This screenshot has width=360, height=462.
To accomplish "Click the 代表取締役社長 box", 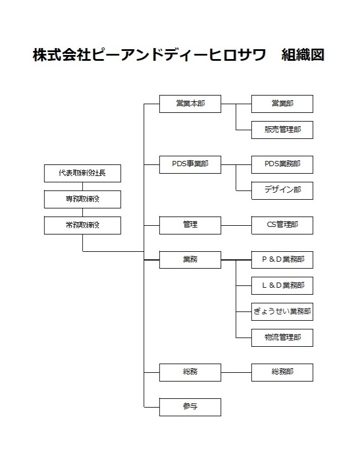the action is click(83, 173).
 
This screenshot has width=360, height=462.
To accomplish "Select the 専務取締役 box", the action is click(83, 199).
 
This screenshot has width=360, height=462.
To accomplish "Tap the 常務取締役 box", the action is click(83, 225).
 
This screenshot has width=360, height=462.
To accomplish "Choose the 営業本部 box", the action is click(190, 104).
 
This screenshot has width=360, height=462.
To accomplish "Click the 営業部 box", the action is click(282, 104).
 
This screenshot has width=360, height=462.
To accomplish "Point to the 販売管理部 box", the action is click(282, 130).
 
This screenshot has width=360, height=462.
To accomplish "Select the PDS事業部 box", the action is click(190, 164).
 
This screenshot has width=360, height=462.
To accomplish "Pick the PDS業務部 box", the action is click(282, 164).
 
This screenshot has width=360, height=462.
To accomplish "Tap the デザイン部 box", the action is click(282, 190).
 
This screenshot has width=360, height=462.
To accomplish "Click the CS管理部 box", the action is click(282, 225).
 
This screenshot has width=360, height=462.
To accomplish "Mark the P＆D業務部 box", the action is click(282, 260).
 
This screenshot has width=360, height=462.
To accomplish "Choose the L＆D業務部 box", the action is click(282, 286).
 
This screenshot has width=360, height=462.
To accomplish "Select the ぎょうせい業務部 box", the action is click(282, 311).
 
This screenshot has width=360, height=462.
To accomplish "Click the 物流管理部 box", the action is click(282, 338).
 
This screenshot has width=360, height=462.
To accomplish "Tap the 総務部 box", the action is click(282, 372).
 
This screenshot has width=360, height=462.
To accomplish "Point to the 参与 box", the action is click(190, 407).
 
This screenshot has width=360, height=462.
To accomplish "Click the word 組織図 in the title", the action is click(303, 55).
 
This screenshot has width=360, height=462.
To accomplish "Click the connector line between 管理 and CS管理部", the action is click(236, 225).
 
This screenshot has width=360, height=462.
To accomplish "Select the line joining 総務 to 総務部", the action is click(236, 372).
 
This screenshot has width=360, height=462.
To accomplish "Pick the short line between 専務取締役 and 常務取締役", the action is click(83, 212).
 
